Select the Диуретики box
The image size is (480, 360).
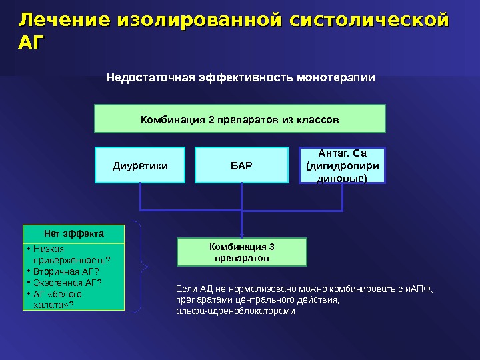(x=140, y=165)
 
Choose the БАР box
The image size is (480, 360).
(x=241, y=165)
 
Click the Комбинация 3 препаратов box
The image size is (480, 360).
(x=242, y=252)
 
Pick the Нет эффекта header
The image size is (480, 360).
(x=73, y=234)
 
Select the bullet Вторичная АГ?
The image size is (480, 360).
(x=65, y=271)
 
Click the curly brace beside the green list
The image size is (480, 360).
(x=142, y=267)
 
